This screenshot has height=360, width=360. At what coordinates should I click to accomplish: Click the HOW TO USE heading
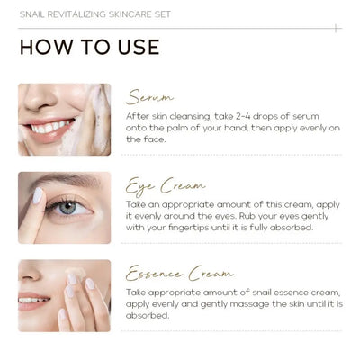(x=89, y=48)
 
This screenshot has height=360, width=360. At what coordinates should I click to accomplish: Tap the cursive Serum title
(x=150, y=97)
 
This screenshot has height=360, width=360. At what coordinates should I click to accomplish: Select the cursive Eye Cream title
(x=166, y=186)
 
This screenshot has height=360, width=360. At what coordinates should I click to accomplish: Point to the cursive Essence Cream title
(x=180, y=273)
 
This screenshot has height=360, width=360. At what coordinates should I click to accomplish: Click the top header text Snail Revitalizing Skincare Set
(x=94, y=15)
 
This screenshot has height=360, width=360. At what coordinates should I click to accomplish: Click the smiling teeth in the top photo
(x=50, y=127)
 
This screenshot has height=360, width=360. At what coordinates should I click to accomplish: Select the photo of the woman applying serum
(x=65, y=120)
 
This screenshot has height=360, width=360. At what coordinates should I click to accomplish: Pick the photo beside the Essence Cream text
(x=65, y=295)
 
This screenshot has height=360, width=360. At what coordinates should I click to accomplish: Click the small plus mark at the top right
(x=335, y=28)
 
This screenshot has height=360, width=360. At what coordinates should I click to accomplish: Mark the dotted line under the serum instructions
(x=234, y=155)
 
